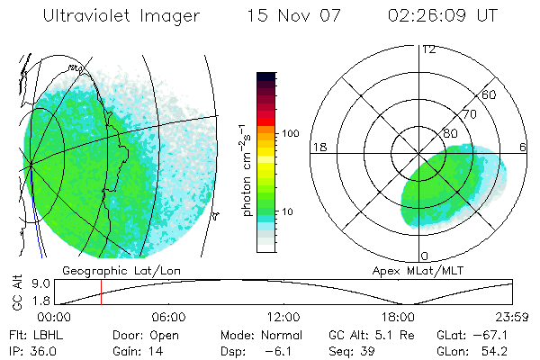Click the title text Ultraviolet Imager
[121, 17]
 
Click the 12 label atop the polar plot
[428, 49]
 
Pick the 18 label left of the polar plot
[318, 147]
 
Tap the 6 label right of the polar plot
[524, 147]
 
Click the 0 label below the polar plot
[424, 256]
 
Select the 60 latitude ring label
[490, 94]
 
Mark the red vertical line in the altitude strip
[101, 292]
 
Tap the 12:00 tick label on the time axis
[283, 317]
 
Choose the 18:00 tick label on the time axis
[398, 317]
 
